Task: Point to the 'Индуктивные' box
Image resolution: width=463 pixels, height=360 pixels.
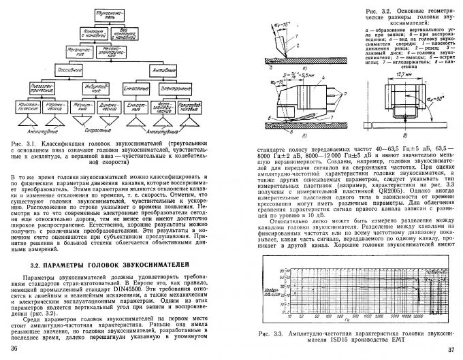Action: [x=80, y=88]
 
